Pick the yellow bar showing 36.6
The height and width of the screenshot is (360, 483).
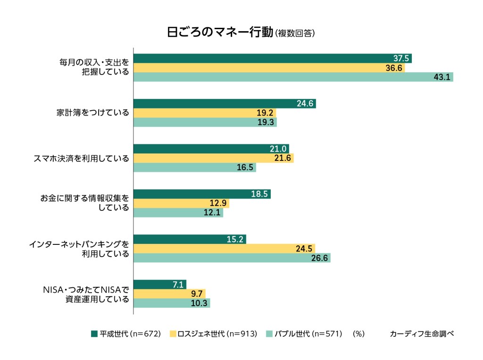pos(269,68)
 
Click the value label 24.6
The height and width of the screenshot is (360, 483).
pos(306,104)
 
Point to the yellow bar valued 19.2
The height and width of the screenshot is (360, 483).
pos(205,113)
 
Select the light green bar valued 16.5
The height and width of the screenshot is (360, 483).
pos(195,167)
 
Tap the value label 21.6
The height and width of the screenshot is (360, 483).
pos(283,159)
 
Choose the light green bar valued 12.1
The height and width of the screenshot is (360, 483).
pos(178,213)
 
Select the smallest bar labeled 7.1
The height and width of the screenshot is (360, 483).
pos(160,285)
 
